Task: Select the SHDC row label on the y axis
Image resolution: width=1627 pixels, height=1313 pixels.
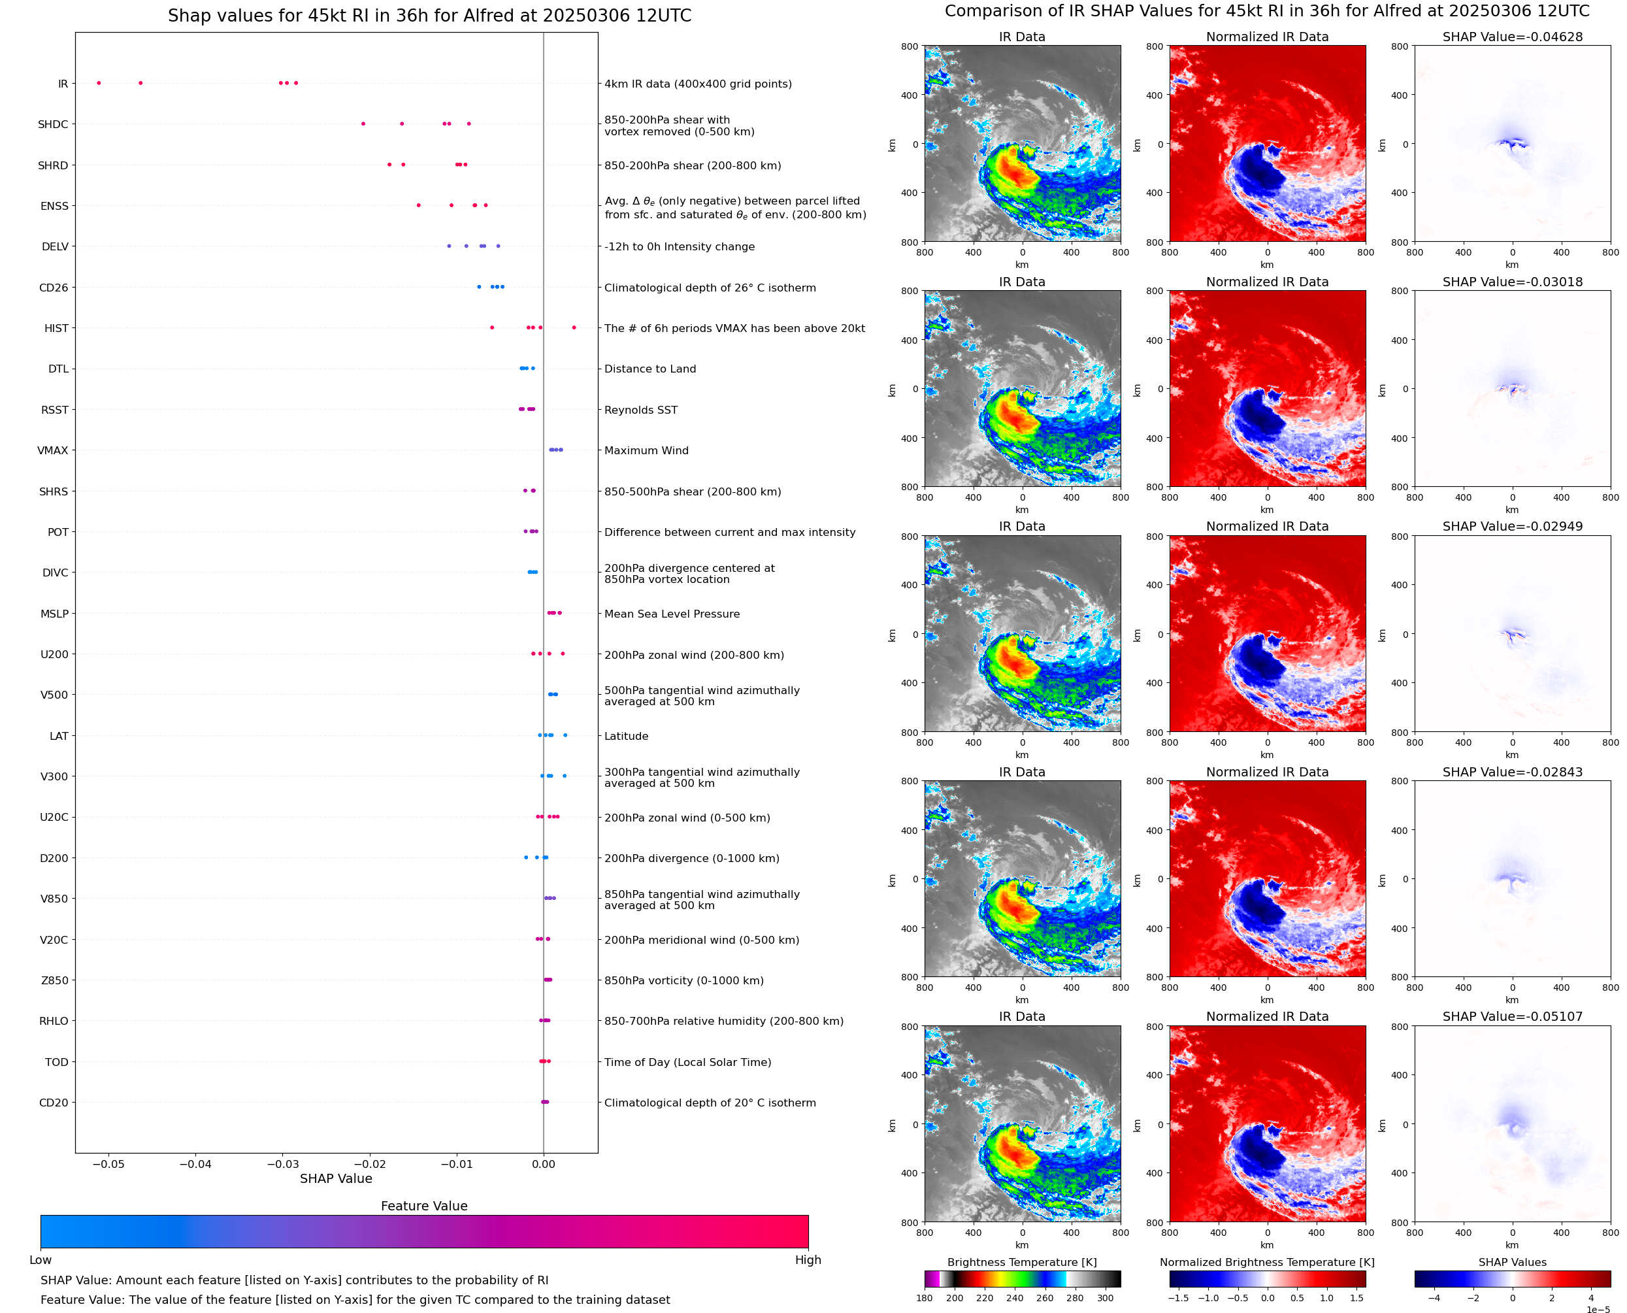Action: tap(53, 125)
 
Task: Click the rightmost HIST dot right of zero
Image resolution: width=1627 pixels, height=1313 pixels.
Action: tap(574, 327)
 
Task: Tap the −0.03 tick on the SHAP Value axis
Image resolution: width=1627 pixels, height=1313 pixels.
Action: tap(282, 1164)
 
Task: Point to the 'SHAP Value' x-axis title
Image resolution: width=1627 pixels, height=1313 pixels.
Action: tap(336, 1178)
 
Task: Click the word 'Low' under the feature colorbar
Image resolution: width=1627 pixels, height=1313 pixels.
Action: tap(40, 1260)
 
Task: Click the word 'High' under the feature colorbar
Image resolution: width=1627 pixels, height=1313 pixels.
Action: tap(808, 1260)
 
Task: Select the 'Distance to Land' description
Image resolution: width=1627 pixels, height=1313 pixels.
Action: tap(650, 369)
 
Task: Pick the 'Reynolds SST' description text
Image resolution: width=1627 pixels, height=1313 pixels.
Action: tap(641, 410)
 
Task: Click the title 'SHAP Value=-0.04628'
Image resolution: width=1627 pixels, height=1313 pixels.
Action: tap(1512, 37)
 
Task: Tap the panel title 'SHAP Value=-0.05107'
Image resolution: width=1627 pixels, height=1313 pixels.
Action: tap(1512, 1016)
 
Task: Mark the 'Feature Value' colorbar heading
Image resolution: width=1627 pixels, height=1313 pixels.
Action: tap(424, 1206)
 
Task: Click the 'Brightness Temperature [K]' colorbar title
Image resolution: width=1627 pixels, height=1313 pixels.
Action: tap(1021, 1262)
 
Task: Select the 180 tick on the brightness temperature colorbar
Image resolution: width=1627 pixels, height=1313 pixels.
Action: tap(925, 1298)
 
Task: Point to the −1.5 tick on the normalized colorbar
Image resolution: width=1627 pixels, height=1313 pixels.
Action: tap(1177, 1298)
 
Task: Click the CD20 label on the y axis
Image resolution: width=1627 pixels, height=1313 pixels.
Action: tap(53, 1103)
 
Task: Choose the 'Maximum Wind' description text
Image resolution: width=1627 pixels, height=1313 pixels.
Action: tap(646, 451)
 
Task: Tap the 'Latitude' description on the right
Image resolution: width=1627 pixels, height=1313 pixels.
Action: tap(626, 737)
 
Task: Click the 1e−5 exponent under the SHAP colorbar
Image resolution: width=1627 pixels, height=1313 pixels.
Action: tap(1598, 1308)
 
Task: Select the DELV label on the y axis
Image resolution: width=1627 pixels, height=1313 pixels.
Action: tap(54, 246)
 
